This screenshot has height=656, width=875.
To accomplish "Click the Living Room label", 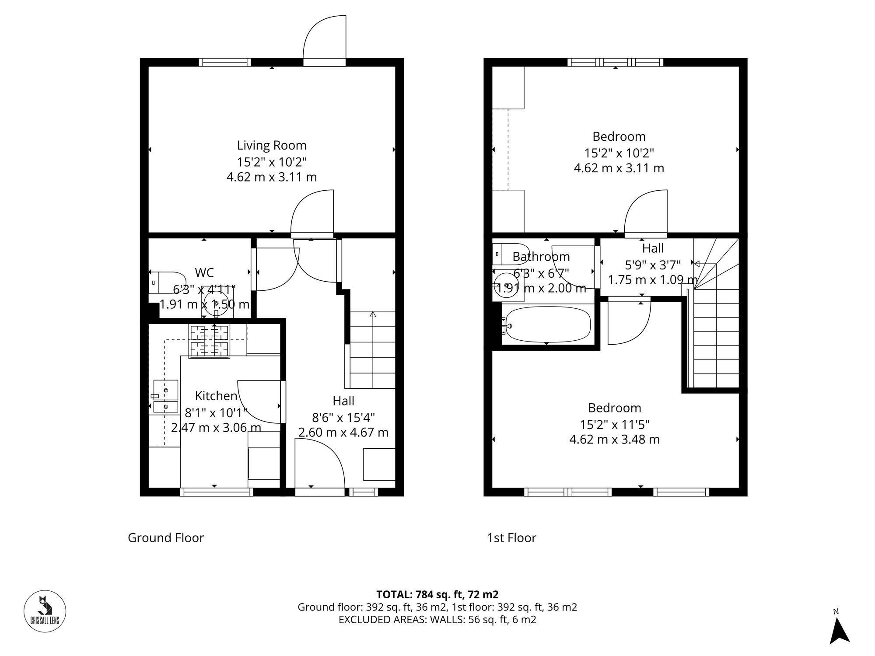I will pos(272,145).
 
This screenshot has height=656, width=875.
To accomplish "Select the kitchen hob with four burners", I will pos(210,341).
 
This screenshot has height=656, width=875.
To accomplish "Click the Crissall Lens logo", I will pos(45,611).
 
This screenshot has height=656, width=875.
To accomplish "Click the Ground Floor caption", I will pos(166,537).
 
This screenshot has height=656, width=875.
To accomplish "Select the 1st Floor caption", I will pos(511,537).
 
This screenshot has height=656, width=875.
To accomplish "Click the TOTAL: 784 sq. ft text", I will pos(437,594).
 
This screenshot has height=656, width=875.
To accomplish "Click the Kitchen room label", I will pos(216,396).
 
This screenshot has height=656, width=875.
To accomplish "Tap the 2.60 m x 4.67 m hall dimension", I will pos(343,433).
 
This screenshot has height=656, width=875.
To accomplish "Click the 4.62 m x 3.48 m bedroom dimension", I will pos(614,439).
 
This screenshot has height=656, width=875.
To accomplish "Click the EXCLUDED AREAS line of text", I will pos(437,620).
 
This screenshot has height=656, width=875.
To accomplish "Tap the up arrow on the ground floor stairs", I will pos(373,314).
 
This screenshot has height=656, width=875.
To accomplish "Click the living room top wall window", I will pos(225,62).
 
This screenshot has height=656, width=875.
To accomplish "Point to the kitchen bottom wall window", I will pos(217,492).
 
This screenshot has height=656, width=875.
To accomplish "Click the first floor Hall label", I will pos(653,248).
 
